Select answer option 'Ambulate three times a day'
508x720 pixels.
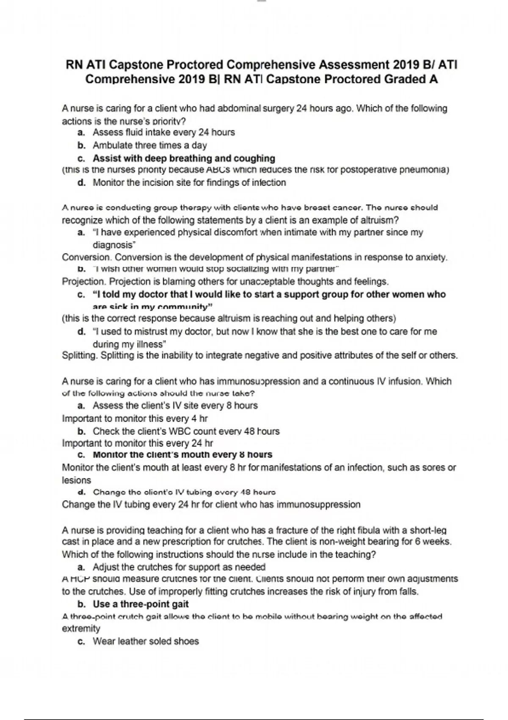pos(149,145)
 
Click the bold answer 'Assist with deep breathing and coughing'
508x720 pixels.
pos(184,158)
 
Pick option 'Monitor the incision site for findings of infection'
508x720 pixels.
pos(189,183)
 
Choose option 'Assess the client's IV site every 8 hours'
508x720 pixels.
pos(175,405)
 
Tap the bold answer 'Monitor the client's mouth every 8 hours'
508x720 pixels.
pos(182,454)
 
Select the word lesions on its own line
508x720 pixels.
pos(77,480)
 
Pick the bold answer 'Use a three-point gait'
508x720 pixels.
pos(141,604)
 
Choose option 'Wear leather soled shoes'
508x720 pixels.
pos(146,641)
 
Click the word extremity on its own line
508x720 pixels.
pos(81,629)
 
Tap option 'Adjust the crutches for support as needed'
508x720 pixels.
pos(179,567)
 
